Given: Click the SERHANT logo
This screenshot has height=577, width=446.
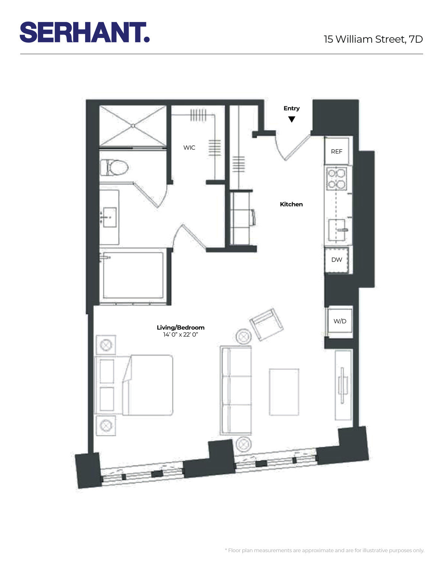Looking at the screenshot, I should point(85,32).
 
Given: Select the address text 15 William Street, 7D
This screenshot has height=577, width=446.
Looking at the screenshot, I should point(373,39).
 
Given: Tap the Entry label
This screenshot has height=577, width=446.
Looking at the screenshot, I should point(291,108).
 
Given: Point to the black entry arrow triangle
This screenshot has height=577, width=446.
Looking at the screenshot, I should point(292,119).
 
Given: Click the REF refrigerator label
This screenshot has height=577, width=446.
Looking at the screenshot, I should point(336,152).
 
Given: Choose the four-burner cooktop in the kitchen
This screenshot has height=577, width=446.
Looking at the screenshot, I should point(337,178).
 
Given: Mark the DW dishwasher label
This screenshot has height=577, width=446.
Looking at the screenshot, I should point(336,260).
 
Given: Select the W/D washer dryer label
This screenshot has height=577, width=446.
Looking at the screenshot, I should point(340,321).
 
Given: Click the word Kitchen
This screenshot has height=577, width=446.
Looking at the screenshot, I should point(291,204).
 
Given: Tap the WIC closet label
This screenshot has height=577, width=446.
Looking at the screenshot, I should point(189,148).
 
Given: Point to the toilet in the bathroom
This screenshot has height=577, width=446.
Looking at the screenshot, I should point(114,168).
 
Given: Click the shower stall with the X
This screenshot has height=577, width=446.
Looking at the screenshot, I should point(133,126).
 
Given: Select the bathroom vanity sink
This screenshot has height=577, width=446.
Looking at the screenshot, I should point(109,217).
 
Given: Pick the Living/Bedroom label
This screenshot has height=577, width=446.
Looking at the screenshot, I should point(181,327).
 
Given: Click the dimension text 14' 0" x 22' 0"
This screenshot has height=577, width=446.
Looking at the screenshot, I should point(181,334).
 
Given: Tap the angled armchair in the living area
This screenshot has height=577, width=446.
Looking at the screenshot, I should point(266,324).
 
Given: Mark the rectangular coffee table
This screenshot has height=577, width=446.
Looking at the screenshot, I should point(284,392).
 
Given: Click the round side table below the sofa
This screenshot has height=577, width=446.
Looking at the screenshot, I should point(244,444).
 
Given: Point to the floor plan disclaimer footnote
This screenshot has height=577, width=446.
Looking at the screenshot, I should point(324,550).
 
